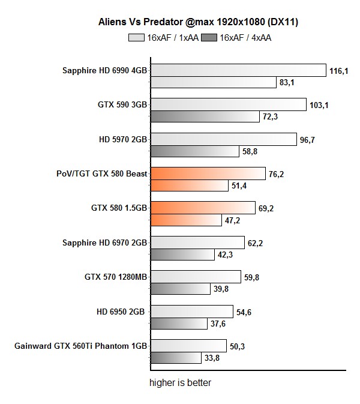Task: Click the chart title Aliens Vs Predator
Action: (198, 22)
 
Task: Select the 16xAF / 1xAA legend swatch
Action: (136, 38)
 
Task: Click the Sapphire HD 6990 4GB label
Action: (105, 70)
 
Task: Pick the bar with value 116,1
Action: (238, 71)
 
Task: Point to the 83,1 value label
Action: (287, 82)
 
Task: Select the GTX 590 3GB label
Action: (123, 104)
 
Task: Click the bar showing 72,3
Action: (205, 116)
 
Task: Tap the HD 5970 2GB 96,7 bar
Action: (223, 139)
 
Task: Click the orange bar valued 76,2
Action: (207, 174)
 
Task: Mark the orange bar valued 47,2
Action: (185, 220)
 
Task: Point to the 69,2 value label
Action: (267, 208)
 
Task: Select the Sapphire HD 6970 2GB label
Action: (105, 243)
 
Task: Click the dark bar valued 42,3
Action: (182, 255)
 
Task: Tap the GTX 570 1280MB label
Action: (116, 277)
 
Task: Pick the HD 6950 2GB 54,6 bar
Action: (191, 312)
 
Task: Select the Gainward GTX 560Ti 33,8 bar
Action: (175, 358)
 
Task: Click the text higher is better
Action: (180, 382)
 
